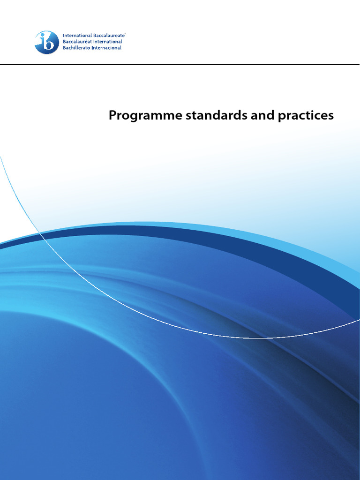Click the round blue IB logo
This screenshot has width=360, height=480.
tap(47, 42)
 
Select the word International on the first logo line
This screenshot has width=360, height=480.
tap(77, 36)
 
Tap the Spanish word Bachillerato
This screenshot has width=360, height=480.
tap(78, 48)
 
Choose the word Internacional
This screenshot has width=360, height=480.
tap(108, 48)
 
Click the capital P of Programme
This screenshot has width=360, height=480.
tap(112, 115)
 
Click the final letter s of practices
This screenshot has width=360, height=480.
tap(331, 117)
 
